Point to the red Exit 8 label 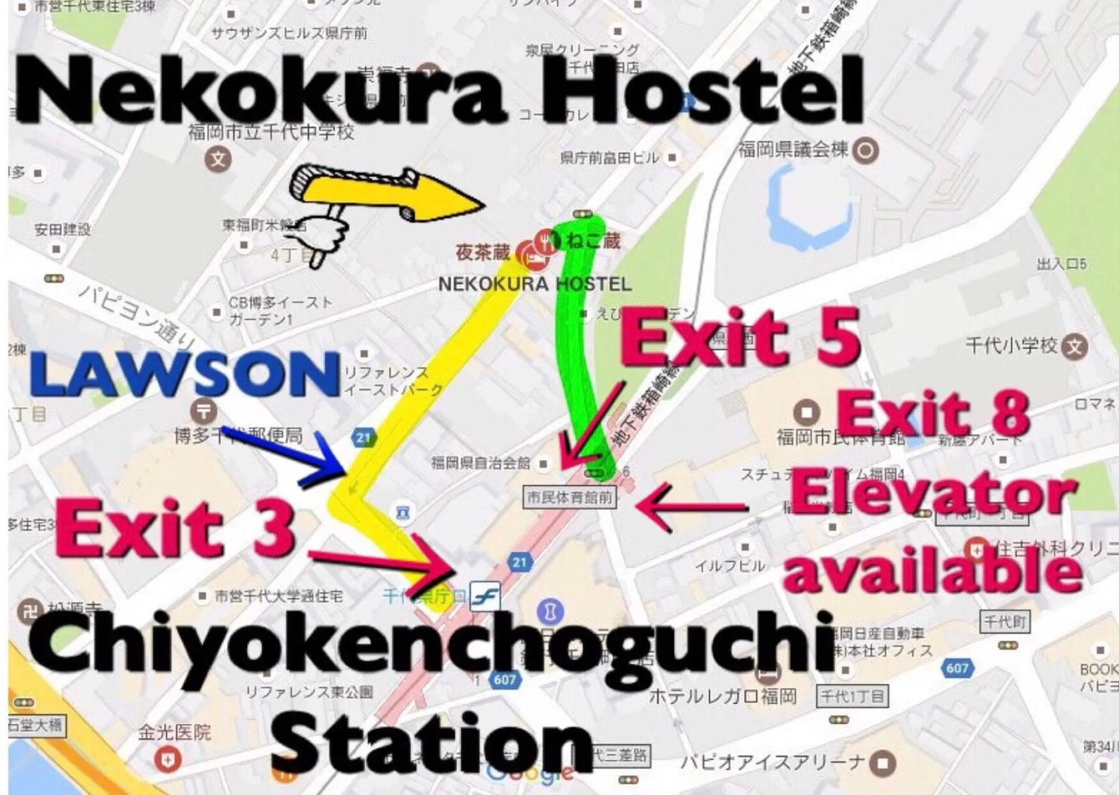(x=933, y=414)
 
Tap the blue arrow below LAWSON (x=289, y=455)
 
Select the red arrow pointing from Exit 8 (x=692, y=507)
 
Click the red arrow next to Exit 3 (x=384, y=563)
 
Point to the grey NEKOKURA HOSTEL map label (x=534, y=284)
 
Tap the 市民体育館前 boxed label (x=570, y=498)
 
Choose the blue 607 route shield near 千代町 (x=956, y=668)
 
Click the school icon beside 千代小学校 (x=1074, y=347)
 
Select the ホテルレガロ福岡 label (x=722, y=697)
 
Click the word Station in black (x=432, y=744)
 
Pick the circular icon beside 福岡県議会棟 (x=865, y=151)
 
